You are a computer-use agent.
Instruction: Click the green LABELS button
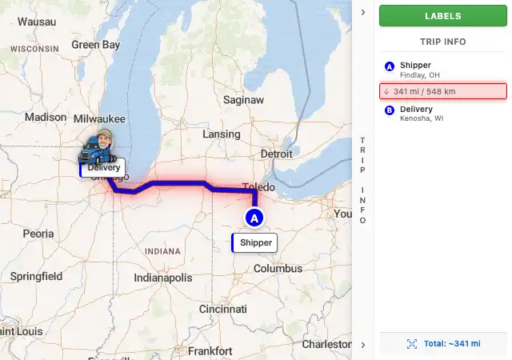pyautogui.click(x=442, y=16)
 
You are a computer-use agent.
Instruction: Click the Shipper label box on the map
pyautogui.click(x=255, y=242)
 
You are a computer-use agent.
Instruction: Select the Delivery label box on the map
pyautogui.click(x=103, y=167)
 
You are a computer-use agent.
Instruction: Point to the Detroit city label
pyautogui.click(x=277, y=154)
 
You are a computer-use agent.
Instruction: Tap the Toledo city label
pyautogui.click(x=257, y=187)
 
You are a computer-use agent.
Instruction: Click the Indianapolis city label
pyautogui.click(x=163, y=278)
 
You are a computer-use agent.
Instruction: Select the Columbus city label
pyautogui.click(x=278, y=269)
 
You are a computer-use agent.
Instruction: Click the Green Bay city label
pyautogui.click(x=95, y=45)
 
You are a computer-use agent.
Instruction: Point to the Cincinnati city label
pyautogui.click(x=223, y=309)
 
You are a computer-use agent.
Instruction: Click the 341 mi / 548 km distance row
pyautogui.click(x=442, y=91)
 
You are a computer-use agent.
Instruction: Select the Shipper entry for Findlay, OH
pyautogui.click(x=416, y=70)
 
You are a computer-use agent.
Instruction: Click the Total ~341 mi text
pyautogui.click(x=452, y=343)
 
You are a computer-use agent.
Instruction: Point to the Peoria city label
pyautogui.click(x=38, y=234)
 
